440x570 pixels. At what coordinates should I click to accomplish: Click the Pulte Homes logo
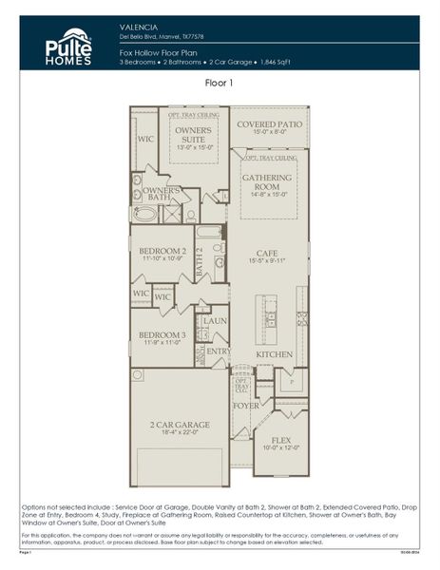(67, 47)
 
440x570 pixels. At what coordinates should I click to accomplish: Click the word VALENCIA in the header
(139, 28)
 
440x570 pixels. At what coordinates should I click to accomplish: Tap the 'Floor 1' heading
(220, 84)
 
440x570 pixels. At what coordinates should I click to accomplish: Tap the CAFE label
(267, 251)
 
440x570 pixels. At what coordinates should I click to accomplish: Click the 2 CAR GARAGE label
(180, 424)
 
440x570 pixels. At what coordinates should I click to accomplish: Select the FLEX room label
(281, 440)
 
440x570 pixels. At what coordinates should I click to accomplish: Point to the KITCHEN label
(274, 353)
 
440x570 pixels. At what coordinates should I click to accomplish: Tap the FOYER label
(247, 405)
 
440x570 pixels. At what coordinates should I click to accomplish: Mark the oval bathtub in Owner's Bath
(146, 213)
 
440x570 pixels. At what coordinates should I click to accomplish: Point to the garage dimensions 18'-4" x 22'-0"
(180, 432)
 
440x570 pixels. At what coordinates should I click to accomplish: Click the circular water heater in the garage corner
(139, 375)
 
